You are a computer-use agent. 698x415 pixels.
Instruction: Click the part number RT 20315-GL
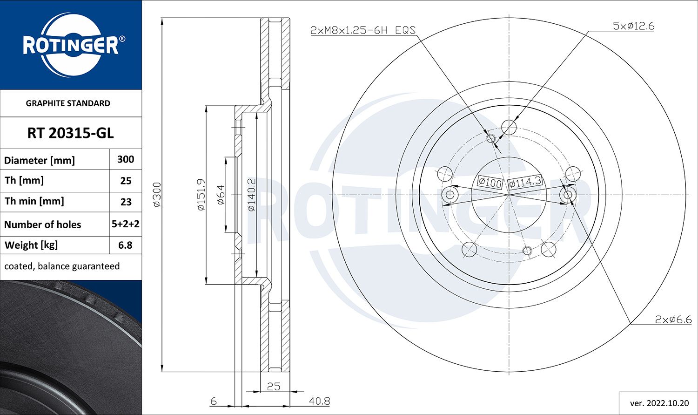click(70, 133)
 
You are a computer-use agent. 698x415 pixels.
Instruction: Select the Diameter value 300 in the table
click(126, 159)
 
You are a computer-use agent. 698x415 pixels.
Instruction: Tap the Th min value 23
click(126, 202)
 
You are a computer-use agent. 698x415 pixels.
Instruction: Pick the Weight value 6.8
click(125, 245)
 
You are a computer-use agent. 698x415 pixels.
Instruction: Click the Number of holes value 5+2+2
click(126, 224)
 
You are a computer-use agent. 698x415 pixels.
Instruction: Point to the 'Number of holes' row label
click(43, 225)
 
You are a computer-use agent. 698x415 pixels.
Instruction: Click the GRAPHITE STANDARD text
click(68, 103)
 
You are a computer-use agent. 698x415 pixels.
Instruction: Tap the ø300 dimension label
click(157, 195)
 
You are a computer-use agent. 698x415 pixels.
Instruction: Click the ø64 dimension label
click(221, 195)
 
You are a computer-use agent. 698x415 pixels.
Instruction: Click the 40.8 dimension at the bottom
click(320, 401)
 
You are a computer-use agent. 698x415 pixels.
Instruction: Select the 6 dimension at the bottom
click(214, 401)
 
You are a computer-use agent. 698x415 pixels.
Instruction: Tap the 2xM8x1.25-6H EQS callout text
click(362, 30)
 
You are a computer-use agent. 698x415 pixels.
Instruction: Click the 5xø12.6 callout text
click(633, 26)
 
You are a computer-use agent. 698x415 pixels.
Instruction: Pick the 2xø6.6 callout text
click(673, 320)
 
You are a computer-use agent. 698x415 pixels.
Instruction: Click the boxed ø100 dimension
click(490, 183)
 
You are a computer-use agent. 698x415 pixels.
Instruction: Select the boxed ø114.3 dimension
click(525, 182)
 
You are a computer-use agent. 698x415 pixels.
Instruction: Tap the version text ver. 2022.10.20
click(659, 402)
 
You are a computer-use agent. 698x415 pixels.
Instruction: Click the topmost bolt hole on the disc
click(509, 127)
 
